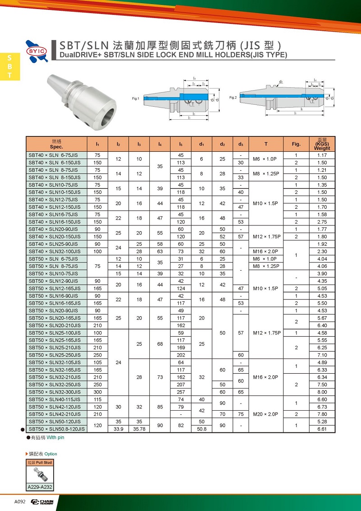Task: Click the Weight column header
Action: (322, 144)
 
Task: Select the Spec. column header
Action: (56, 144)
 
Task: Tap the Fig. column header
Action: (296, 144)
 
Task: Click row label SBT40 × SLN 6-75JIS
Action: (55, 155)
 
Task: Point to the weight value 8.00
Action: (322, 392)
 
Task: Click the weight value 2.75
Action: (322, 222)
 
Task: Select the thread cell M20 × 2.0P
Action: (266, 414)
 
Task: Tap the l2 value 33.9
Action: (118, 429)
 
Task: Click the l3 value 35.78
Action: (139, 429)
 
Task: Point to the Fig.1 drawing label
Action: (135, 98)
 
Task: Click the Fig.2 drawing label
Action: (233, 98)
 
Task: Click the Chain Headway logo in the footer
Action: (42, 502)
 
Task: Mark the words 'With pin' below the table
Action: (56, 438)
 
